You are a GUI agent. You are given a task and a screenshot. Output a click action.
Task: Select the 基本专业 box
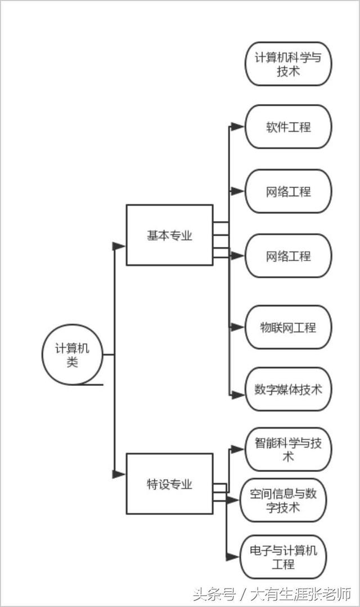(169, 235)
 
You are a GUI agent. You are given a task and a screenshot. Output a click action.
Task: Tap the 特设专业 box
(169, 484)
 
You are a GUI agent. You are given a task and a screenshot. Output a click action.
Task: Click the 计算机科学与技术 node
(288, 64)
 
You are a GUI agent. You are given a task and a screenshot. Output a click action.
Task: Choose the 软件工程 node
(288, 127)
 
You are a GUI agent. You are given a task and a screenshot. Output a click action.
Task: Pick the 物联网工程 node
(288, 327)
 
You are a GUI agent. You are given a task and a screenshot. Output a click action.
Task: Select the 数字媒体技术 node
(288, 389)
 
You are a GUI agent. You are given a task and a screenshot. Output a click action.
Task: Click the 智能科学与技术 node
(288, 449)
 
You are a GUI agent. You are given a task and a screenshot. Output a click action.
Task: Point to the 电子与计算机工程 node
(283, 557)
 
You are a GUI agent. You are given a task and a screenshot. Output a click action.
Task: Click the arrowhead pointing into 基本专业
(119, 246)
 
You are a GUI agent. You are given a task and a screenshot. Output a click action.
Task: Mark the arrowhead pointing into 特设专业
(119, 474)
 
